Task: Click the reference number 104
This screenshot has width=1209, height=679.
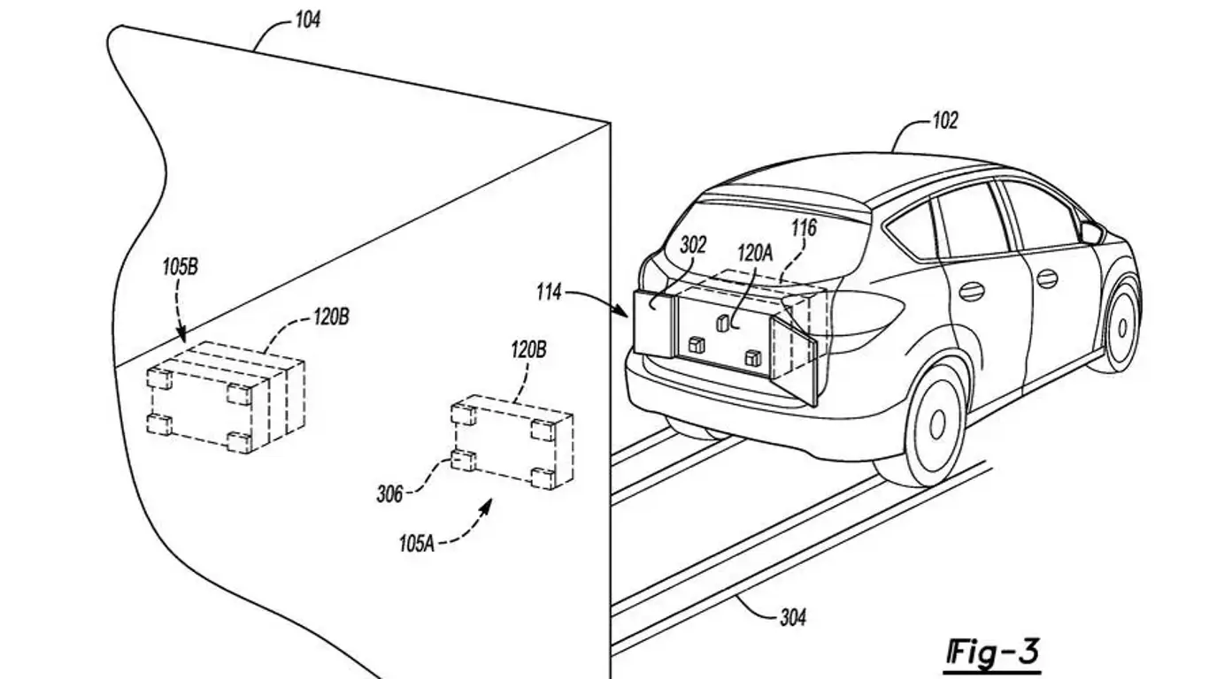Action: coord(306,19)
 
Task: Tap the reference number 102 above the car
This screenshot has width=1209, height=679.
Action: coord(944,121)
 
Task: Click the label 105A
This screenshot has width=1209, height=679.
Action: coord(416,543)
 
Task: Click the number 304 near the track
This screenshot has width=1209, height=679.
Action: coord(792,618)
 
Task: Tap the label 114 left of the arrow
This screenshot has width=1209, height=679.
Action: coord(549,291)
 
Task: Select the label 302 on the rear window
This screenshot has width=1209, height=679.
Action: coord(693,245)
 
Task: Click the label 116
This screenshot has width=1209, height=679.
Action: coord(804,229)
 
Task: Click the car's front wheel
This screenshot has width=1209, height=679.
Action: coord(1122,326)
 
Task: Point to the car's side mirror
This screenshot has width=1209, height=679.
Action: coord(1091,233)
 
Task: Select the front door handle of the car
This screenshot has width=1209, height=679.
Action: coord(1047,278)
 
